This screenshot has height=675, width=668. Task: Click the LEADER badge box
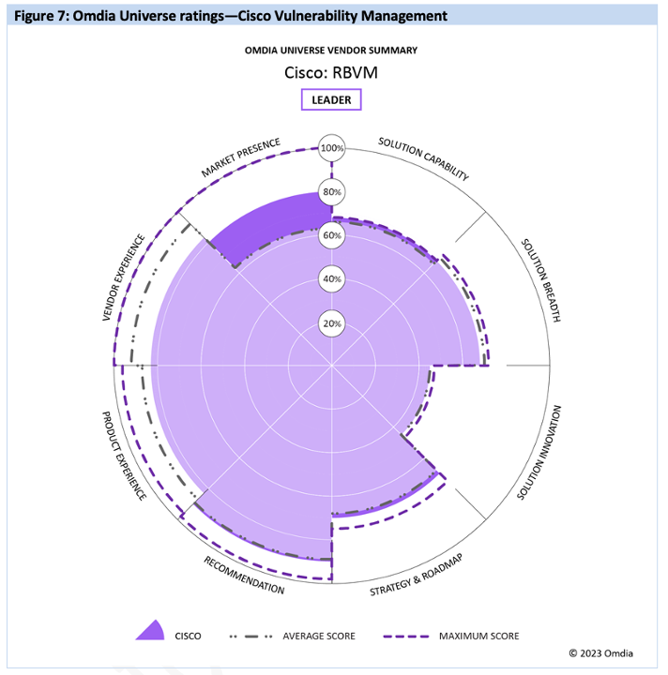[x=331, y=100]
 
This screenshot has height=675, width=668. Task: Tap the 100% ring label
[x=332, y=148]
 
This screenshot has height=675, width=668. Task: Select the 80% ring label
[x=332, y=192]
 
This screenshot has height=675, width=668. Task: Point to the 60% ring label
[x=332, y=235]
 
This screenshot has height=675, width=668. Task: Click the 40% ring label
[x=332, y=279]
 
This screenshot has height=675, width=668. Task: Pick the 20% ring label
[x=332, y=323]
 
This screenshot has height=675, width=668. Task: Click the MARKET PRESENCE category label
[x=240, y=158]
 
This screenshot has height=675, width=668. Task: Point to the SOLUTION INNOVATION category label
[x=541, y=454]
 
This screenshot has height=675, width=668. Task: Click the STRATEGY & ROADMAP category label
[x=417, y=576]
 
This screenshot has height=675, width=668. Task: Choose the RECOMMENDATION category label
[x=244, y=575]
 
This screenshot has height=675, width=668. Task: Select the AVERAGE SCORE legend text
[x=319, y=637]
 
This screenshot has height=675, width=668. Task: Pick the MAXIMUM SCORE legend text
[x=478, y=637]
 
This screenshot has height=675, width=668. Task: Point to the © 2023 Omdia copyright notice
[x=608, y=652]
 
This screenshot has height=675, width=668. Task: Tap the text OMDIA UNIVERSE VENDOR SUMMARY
[x=332, y=50]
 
